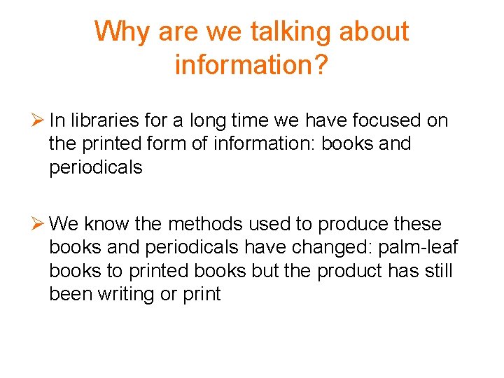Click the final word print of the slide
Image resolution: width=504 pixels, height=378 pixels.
tap(202, 294)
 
